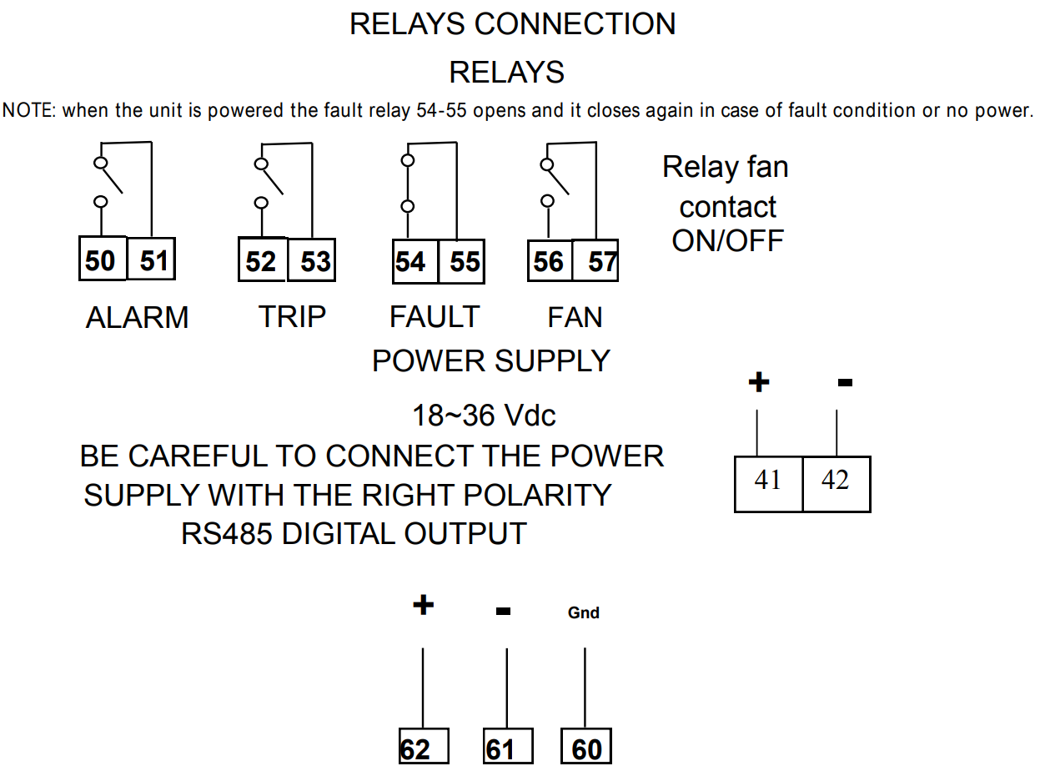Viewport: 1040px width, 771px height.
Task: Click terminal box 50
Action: pyautogui.click(x=101, y=260)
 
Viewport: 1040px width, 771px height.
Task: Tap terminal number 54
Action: pyautogui.click(x=410, y=262)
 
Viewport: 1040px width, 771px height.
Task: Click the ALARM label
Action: pyautogui.click(x=137, y=318)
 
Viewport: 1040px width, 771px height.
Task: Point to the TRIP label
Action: pyautogui.click(x=292, y=317)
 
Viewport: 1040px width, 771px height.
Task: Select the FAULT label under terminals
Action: pyautogui.click(x=435, y=317)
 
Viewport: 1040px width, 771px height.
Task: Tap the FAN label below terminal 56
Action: pyautogui.click(x=575, y=318)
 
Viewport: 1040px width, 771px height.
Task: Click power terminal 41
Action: pyautogui.click(x=768, y=482)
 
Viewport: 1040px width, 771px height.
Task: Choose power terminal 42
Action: pyautogui.click(x=836, y=482)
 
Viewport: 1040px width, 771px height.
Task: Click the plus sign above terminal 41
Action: pyautogui.click(x=758, y=383)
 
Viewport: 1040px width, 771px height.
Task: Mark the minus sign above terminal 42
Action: pyautogui.click(x=845, y=383)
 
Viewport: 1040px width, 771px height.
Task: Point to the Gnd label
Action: pyautogui.click(x=584, y=613)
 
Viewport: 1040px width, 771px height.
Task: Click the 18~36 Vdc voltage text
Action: pyautogui.click(x=484, y=416)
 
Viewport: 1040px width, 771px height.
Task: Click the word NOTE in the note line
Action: pyautogui.click(x=28, y=110)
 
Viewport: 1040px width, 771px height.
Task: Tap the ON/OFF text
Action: pyautogui.click(x=728, y=241)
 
